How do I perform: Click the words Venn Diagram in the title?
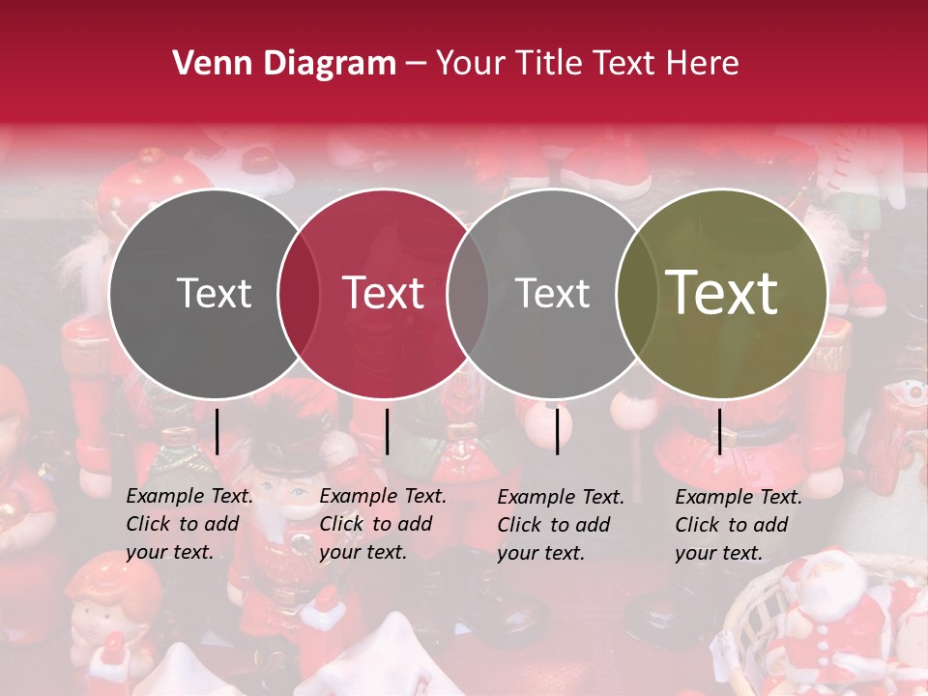pyautogui.click(x=283, y=64)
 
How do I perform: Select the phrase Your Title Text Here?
pyautogui.click(x=587, y=64)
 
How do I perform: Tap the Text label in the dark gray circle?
pyautogui.click(x=214, y=293)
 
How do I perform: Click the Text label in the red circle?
pyautogui.click(x=383, y=293)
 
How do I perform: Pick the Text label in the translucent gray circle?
pyautogui.click(x=552, y=293)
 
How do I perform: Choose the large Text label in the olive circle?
pyautogui.click(x=722, y=293)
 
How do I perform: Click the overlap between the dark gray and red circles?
pyautogui.click(x=299, y=294)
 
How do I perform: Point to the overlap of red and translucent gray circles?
pyautogui.click(x=468, y=294)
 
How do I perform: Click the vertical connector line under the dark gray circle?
pyautogui.click(x=217, y=431)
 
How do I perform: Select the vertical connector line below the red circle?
pyautogui.click(x=387, y=431)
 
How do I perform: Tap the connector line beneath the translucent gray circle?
pyautogui.click(x=557, y=431)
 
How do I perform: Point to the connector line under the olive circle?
pyautogui.click(x=719, y=431)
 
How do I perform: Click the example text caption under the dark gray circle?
pyautogui.click(x=189, y=524)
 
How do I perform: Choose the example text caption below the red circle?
pyautogui.click(x=383, y=524)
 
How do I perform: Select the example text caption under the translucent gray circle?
pyautogui.click(x=561, y=525)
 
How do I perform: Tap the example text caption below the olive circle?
pyautogui.click(x=739, y=525)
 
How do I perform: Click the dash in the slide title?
pyautogui.click(x=416, y=65)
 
